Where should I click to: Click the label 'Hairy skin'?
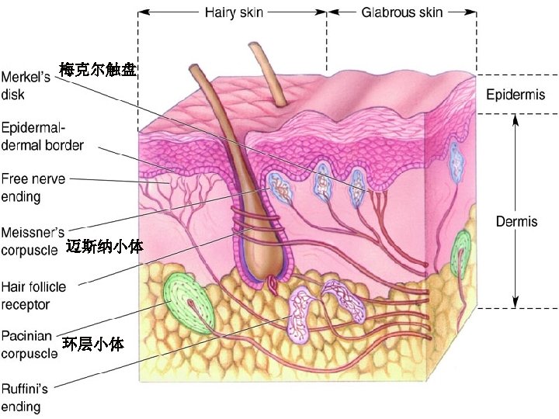tap(233, 12)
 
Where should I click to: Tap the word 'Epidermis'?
tap(515, 95)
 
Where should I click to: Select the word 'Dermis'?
tap(516, 221)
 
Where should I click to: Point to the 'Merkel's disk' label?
tap(26, 86)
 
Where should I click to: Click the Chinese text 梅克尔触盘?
tap(98, 70)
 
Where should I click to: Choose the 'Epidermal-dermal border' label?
tap(43, 135)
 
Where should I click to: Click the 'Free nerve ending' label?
tap(32, 188)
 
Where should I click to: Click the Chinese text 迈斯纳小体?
tap(104, 247)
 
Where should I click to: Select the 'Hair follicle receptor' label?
tap(36, 295)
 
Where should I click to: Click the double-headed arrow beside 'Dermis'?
tap(514, 209)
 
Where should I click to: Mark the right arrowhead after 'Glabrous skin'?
tap(473, 12)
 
